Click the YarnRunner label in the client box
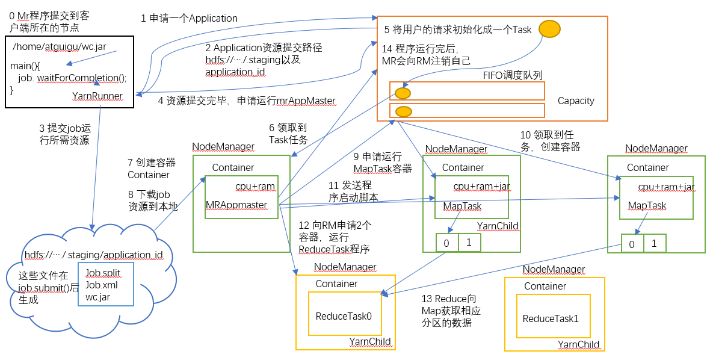pos(97,96)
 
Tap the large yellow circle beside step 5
pos(549,28)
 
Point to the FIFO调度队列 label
pos(513,75)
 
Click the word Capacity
pos(576,101)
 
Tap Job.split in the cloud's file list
pos(103,273)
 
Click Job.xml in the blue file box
pos(102,285)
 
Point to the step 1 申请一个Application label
pos(189,19)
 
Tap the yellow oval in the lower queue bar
pos(404,111)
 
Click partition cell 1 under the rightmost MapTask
pos(655,244)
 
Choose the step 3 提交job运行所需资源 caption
pos(64,134)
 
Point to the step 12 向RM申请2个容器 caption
pos(335,237)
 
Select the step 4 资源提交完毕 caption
pos(247,101)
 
